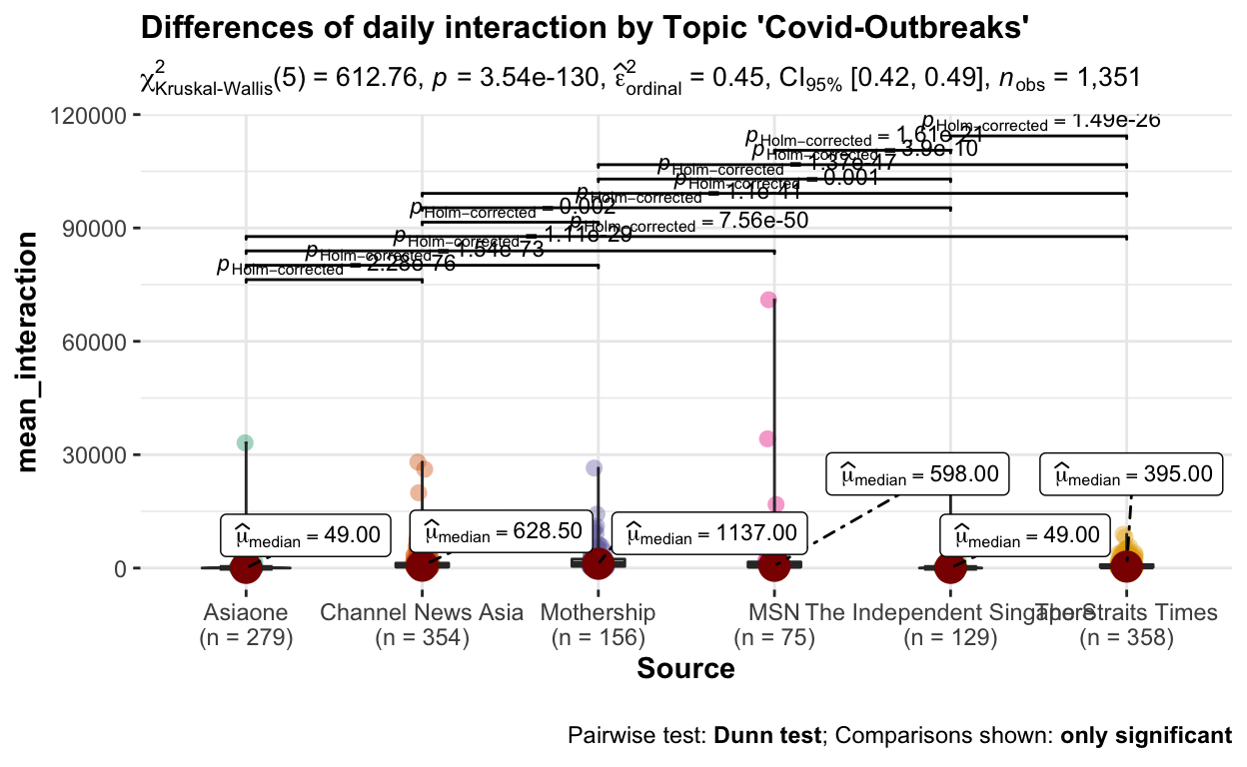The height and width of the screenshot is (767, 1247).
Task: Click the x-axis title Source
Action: pyautogui.click(x=685, y=668)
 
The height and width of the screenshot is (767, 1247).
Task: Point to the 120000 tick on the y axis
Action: pyautogui.click(x=89, y=116)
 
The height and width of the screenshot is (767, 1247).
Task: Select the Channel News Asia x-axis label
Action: pyautogui.click(x=422, y=612)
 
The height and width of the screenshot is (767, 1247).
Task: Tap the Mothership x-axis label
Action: pyautogui.click(x=598, y=612)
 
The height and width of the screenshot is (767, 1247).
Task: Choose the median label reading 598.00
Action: pyautogui.click(x=918, y=474)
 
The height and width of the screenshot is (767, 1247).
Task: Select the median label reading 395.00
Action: pyautogui.click(x=1131, y=474)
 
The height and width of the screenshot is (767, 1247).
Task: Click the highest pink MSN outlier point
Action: pyautogui.click(x=768, y=300)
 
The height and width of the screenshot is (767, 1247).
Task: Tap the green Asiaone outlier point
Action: pyautogui.click(x=245, y=442)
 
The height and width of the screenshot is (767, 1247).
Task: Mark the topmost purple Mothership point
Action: pyautogui.click(x=594, y=467)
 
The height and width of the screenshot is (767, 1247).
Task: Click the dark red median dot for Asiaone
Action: pyautogui.click(x=246, y=567)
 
